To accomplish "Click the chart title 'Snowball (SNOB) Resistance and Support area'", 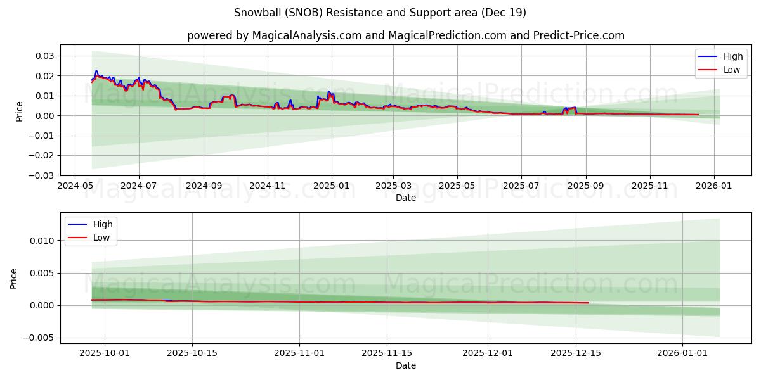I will (x=380, y=13).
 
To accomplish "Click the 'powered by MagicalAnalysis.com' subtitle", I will (x=405, y=35).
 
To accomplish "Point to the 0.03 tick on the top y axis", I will (x=44, y=56).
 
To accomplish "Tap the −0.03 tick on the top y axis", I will (x=42, y=175).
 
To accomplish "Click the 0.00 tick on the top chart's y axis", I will (x=44, y=115).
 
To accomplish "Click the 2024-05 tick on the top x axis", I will (x=75, y=186).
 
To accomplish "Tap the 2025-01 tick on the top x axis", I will (x=331, y=186).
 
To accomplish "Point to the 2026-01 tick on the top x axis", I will (x=714, y=186).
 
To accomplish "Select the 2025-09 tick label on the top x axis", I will (x=585, y=186).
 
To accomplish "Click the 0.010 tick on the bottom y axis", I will (x=42, y=241).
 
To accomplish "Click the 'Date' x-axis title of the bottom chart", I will (x=405, y=365).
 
